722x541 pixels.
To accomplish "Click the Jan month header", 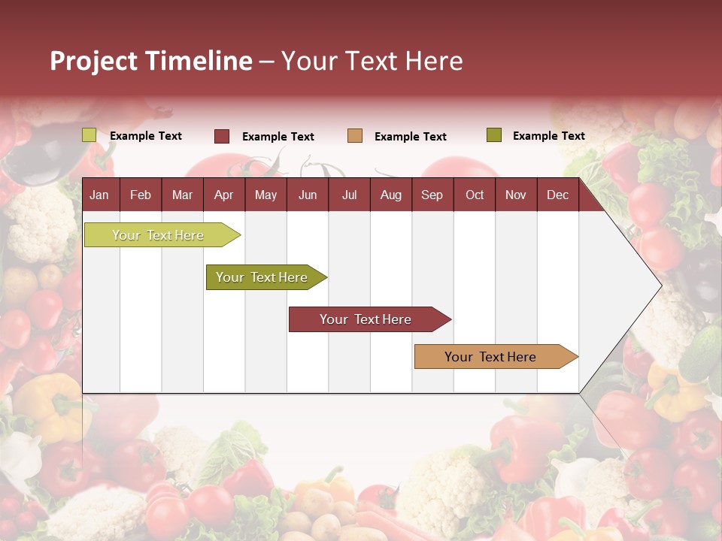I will point(100,195).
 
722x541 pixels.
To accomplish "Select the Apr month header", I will point(224,195).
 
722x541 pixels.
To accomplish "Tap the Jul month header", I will point(349,195).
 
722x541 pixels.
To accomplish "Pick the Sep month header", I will point(432,195).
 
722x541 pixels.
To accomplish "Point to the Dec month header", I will point(557,195).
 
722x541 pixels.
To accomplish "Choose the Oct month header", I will point(475,195).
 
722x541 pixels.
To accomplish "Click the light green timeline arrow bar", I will point(159,235).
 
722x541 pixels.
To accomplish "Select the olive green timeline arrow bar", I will point(262,277).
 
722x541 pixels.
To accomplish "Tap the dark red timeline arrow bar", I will point(366,319).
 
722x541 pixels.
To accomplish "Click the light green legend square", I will point(89,135).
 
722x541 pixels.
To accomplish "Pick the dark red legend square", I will point(222,136).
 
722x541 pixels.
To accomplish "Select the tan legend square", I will point(355,136).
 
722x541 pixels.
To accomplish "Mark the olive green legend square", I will point(493,135).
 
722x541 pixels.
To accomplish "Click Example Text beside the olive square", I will point(548,136).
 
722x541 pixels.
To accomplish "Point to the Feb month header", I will point(141,195).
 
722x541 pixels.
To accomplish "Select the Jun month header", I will point(308,195).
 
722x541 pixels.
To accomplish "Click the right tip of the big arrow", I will point(659,286).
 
